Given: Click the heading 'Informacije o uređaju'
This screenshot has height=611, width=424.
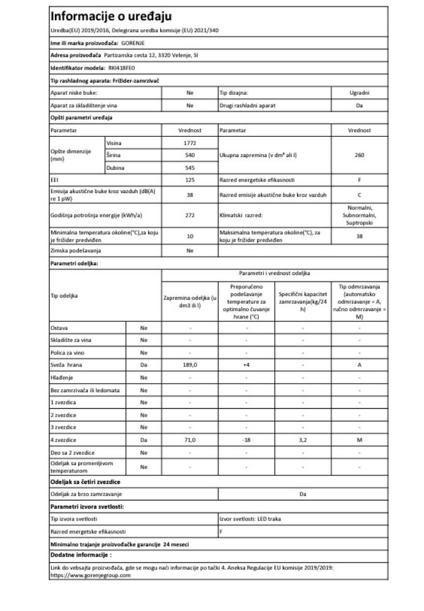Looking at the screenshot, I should click(111, 16).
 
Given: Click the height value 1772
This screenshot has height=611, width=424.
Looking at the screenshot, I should click(189, 142).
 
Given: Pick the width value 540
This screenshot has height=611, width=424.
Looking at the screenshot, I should click(189, 155).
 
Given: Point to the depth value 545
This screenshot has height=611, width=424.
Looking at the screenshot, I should click(189, 167).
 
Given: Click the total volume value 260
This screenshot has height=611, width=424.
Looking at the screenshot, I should click(359, 155).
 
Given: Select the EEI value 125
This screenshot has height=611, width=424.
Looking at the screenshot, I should click(189, 180).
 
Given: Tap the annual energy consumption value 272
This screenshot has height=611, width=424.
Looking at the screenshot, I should click(189, 215).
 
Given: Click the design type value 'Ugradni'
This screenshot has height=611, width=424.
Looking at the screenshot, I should click(359, 93).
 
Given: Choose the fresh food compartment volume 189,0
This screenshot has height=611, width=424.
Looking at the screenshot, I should click(189, 365).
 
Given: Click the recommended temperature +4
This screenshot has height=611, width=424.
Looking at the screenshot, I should click(246, 365).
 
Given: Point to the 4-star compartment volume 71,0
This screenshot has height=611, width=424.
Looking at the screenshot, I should click(189, 440).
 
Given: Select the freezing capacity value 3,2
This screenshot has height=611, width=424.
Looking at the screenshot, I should click(302, 440).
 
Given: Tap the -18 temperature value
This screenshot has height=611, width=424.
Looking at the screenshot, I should click(246, 440).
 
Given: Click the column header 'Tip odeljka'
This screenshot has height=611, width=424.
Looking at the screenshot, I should click(64, 296).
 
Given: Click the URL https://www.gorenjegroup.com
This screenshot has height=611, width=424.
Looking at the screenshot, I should click(91, 575).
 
